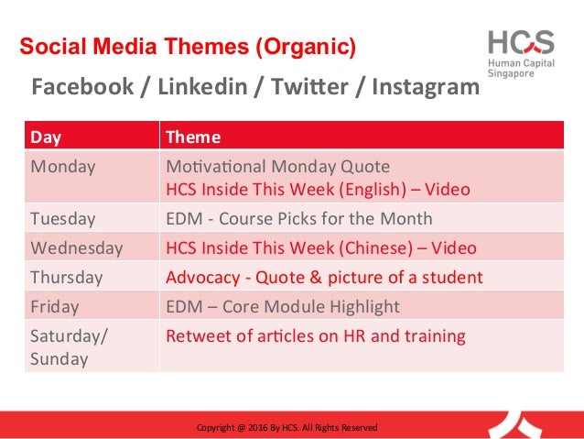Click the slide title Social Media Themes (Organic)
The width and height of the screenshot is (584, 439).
(x=188, y=46)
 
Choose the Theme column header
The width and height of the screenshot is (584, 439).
(x=193, y=137)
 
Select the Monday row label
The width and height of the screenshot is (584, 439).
(x=62, y=167)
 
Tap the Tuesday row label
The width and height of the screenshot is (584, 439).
(x=63, y=220)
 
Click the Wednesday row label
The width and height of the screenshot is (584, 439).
(x=76, y=248)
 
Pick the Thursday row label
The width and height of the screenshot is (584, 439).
(x=67, y=277)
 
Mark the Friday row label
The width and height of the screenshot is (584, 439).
(x=55, y=306)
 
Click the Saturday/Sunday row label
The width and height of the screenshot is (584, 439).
(x=69, y=346)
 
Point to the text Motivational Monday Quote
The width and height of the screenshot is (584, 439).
(x=277, y=167)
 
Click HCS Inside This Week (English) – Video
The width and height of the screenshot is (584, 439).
(x=318, y=190)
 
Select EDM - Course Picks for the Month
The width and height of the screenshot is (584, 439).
(x=298, y=220)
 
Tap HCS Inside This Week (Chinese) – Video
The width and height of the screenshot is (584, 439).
(x=320, y=248)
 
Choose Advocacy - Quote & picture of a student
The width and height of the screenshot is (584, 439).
(x=324, y=277)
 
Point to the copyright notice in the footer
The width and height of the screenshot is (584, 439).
(x=287, y=427)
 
